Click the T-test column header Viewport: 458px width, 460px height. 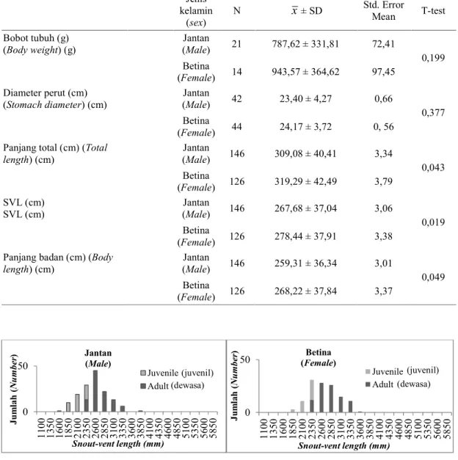[x=433, y=11]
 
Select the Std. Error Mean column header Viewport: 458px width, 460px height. [x=383, y=10]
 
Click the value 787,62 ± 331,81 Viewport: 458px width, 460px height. [x=305, y=44]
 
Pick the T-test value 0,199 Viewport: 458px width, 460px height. [x=433, y=58]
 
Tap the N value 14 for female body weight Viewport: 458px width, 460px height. [x=236, y=72]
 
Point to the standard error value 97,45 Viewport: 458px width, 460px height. [x=383, y=72]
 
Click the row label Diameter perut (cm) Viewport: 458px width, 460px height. [x=46, y=93]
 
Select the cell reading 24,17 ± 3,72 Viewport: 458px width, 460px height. [x=305, y=127]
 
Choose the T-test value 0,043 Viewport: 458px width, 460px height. [x=433, y=167]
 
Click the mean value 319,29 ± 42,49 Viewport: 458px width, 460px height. [x=305, y=182]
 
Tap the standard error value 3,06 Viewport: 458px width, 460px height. [x=383, y=208]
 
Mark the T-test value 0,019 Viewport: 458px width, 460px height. [x=433, y=222]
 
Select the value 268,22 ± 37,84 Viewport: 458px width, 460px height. [x=305, y=291]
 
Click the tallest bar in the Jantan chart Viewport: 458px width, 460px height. [x=95, y=391]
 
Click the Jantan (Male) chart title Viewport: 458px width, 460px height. [x=98, y=358]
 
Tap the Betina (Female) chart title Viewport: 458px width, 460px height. [x=319, y=357]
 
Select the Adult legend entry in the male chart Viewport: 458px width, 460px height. [x=172, y=386]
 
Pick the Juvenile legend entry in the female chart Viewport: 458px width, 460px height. [x=402, y=371]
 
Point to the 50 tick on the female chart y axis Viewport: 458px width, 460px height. [x=245, y=360]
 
